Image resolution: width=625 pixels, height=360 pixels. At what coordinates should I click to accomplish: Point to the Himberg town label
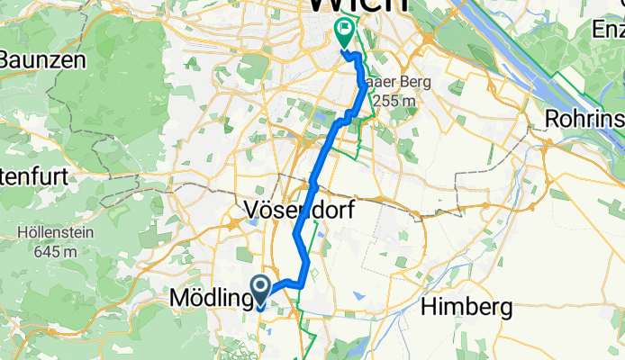click(x=467, y=308)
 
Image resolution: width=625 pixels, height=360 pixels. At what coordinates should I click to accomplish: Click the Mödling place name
click(x=208, y=296)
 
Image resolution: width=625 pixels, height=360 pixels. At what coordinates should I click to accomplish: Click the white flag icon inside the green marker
click(x=345, y=31)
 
